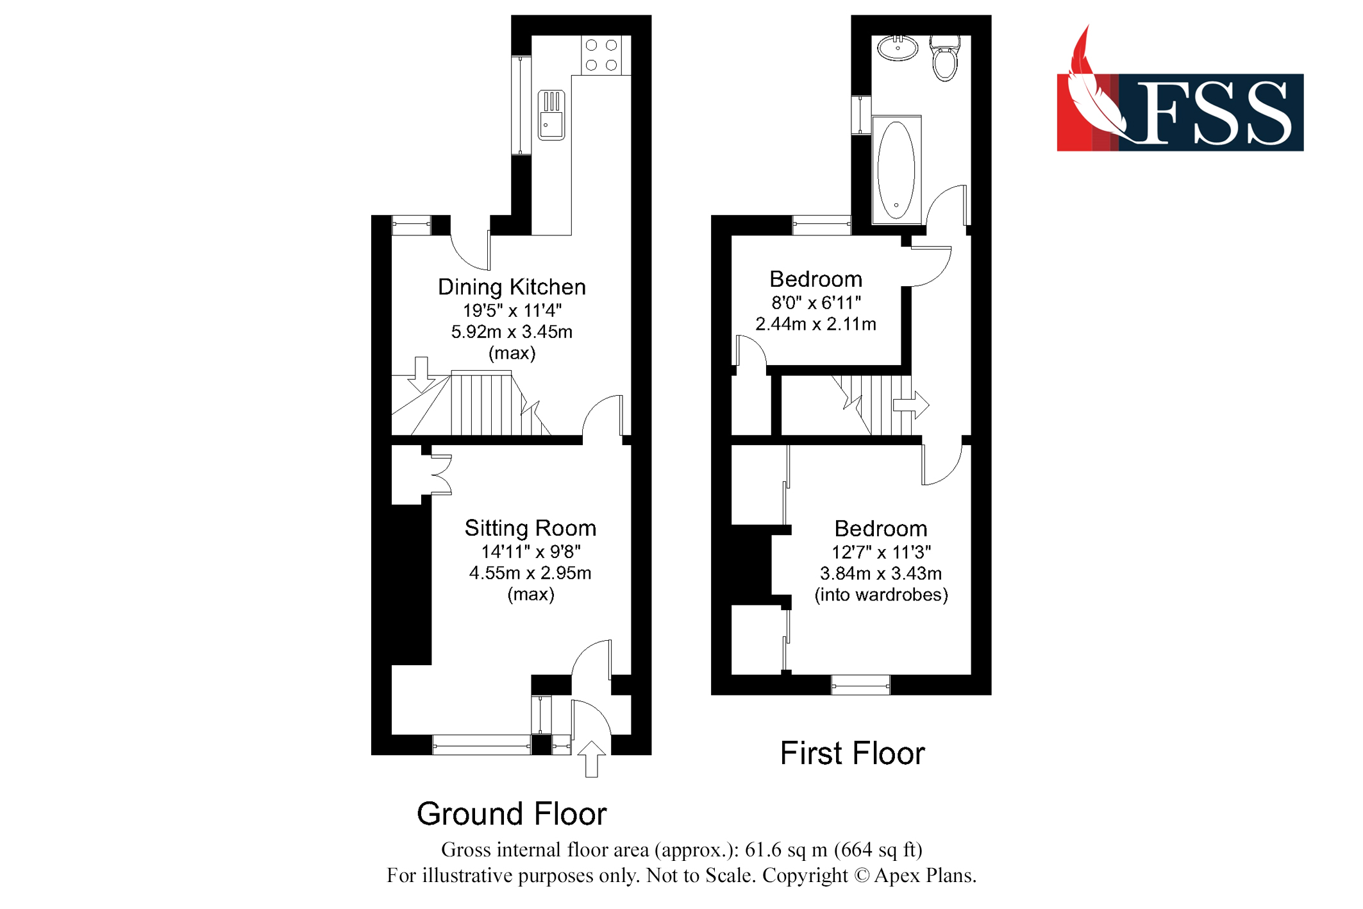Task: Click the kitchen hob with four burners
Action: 601,55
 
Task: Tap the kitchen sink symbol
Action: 551,115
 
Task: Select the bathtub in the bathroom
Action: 896,169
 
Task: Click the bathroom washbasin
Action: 898,48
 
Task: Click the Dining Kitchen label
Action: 512,287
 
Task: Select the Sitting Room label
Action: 530,528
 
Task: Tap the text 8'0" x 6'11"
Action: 815,302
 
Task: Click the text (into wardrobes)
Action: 881,595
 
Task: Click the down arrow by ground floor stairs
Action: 421,375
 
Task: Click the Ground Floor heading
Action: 512,813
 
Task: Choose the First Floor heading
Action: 852,753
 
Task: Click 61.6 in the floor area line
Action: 761,849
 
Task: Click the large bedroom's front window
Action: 860,685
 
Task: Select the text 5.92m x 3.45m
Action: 512,332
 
